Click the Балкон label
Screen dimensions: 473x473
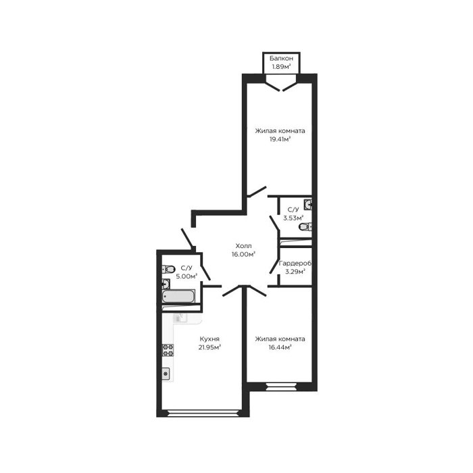pos(281,58)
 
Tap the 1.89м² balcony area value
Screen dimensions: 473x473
pos(281,67)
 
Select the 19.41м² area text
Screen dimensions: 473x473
pos(280,139)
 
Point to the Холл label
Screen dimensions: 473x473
pos(243,246)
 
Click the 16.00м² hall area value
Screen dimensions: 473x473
pos(243,254)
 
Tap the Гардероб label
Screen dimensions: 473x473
pos(295,263)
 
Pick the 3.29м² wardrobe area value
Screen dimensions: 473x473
pos(295,272)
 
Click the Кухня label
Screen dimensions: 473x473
pos(209,339)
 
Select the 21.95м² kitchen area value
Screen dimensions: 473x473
pos(209,347)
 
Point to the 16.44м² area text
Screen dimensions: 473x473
pos(280,347)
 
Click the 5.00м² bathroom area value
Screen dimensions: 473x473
pos(186,276)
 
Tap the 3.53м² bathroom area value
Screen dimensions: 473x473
pos(293,218)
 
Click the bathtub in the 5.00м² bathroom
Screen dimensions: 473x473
pos(178,296)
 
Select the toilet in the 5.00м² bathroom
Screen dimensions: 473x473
pos(168,269)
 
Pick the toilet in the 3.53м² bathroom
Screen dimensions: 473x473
pos(305,226)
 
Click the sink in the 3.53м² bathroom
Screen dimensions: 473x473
pos(307,205)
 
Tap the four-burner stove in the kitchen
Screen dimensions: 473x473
pos(168,350)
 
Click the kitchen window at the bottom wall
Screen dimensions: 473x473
pos(203,413)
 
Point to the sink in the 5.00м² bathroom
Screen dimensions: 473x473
pos(166,284)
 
